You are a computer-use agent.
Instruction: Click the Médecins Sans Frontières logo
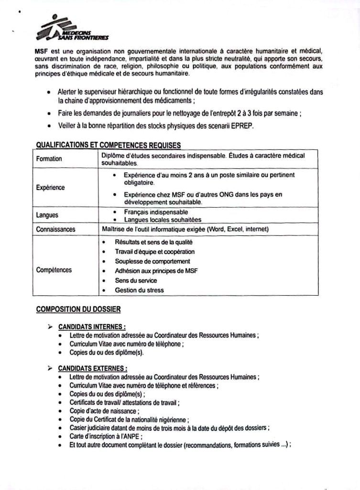72,30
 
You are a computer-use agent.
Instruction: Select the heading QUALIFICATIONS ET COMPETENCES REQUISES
109,146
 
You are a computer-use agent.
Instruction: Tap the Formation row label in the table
49,159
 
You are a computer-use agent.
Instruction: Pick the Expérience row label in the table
51,188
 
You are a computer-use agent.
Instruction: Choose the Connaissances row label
56,230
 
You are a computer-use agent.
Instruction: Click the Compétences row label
54,270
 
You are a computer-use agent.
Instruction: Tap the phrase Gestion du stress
139,290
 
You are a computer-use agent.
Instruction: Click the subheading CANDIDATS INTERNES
92,327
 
